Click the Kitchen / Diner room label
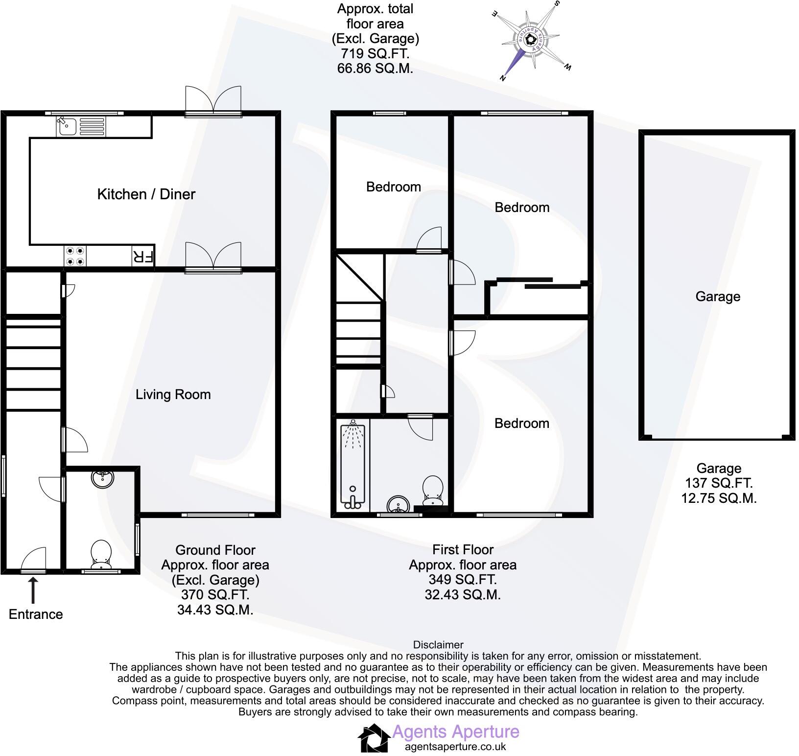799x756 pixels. click(146, 194)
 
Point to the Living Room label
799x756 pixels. click(173, 395)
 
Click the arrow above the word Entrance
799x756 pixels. click(33, 590)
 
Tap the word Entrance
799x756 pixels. click(36, 614)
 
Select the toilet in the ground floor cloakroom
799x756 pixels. click(101, 554)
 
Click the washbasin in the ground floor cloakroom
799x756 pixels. click(102, 478)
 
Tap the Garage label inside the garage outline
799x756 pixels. click(718, 297)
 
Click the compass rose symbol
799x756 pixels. click(531, 41)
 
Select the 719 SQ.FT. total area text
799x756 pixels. click(375, 53)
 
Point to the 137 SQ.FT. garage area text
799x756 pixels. click(719, 483)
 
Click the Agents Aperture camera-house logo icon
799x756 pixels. click(375, 738)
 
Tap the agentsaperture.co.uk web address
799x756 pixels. click(455, 747)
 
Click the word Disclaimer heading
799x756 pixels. click(438, 645)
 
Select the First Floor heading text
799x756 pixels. click(463, 550)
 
